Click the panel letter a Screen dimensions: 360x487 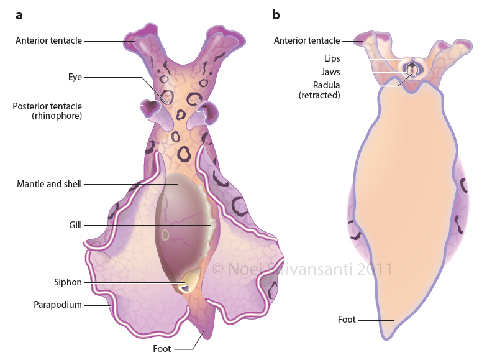19,14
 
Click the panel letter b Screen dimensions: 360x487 276,14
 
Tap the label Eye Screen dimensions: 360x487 75,77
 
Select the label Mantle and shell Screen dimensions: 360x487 50,184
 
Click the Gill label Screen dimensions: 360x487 75,224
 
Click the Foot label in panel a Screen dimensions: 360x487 162,349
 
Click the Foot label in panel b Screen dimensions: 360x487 347,320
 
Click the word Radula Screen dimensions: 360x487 327,85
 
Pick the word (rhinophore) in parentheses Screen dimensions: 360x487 58,116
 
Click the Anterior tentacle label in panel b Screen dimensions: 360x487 307,40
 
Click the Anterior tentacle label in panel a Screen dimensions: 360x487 49,40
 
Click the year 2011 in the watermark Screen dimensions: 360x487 371,269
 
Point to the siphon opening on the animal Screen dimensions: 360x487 184,287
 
